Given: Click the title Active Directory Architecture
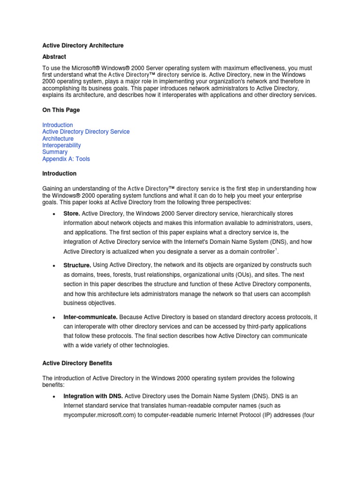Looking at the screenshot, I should point(83,45).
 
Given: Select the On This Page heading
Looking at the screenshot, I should point(61,110).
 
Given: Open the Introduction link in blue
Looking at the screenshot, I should point(58,125).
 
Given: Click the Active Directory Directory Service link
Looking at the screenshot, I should point(86,132).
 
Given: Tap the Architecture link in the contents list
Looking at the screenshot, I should point(58,139).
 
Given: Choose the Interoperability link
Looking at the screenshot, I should point(61,145).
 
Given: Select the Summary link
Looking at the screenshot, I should point(55,152).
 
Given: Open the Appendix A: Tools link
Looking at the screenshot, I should point(66,159).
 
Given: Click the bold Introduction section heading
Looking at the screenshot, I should point(59,173).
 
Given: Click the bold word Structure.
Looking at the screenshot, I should point(77,265).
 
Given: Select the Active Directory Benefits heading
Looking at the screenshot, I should point(77,363).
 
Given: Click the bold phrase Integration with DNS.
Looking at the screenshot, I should point(93,396).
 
